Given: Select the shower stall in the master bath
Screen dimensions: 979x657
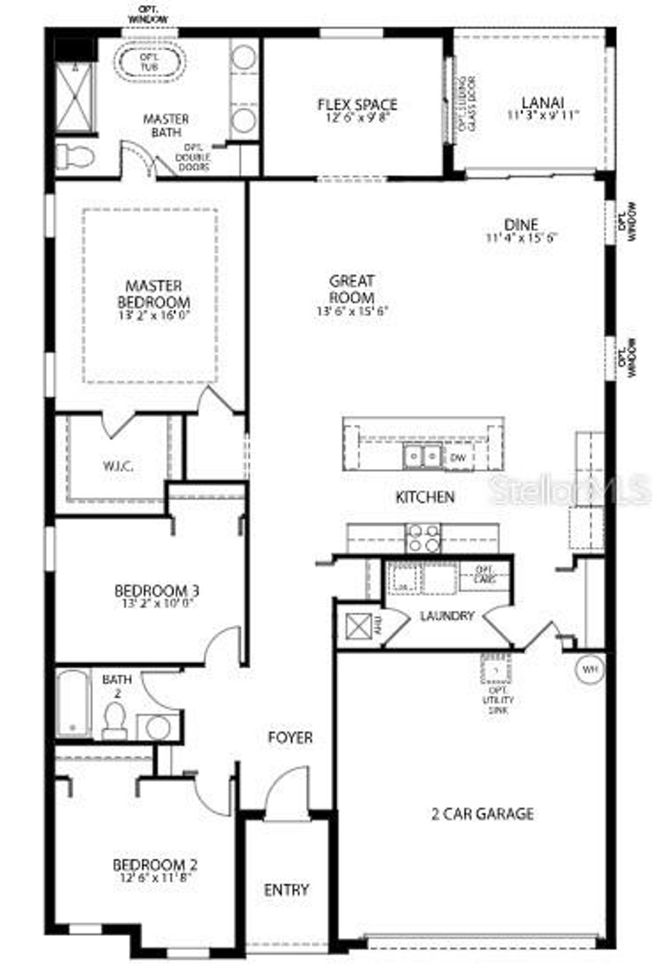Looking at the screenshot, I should click(x=75, y=96).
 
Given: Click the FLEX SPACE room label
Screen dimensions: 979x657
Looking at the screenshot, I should click(x=357, y=104).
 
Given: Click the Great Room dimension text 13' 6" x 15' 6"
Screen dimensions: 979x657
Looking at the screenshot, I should click(x=352, y=312).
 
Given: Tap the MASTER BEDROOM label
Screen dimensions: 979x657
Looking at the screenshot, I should click(x=154, y=294).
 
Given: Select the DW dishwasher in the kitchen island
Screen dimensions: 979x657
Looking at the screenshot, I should click(x=457, y=457).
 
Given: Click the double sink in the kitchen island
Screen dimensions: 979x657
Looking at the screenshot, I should click(x=422, y=456).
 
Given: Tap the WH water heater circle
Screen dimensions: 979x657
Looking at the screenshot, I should click(x=590, y=669).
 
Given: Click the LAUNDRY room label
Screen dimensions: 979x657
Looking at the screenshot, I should click(x=447, y=616).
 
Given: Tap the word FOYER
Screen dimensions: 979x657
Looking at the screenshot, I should click(x=290, y=738).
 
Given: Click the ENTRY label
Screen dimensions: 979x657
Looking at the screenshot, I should click(x=286, y=889).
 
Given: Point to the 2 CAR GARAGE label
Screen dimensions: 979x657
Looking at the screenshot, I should click(x=482, y=813).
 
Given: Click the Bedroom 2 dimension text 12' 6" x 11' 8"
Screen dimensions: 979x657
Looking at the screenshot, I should click(x=154, y=878).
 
